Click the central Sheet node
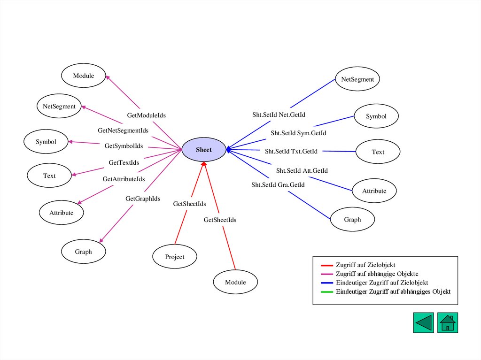[x=204, y=150]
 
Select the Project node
[x=175, y=257]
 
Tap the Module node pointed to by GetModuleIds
[x=84, y=76]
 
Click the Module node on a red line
[x=235, y=282]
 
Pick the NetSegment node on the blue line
[x=357, y=79]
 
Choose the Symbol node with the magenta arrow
[x=46, y=141]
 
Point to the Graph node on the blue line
[x=352, y=219]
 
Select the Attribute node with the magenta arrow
[x=62, y=213]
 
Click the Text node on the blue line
[x=378, y=152]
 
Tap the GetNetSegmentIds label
[x=123, y=130]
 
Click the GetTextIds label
[x=124, y=162]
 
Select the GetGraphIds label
[x=143, y=199]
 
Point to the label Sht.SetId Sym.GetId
[x=298, y=133]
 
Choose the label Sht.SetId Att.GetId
[x=302, y=170]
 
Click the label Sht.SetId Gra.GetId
[x=278, y=184]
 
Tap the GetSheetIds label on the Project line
[x=190, y=204]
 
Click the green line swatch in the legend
[x=327, y=291]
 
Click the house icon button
[x=448, y=323]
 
